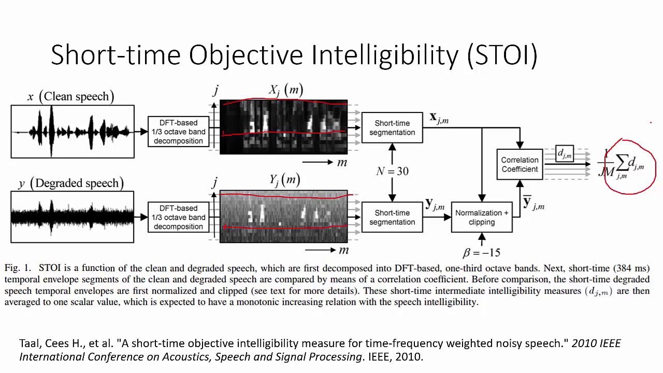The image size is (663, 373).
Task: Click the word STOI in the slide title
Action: pos(502,55)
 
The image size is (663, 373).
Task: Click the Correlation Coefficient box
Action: pos(520,164)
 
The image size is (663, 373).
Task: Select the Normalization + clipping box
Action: pos(482,217)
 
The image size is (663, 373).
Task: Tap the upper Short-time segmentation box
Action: pos(392,127)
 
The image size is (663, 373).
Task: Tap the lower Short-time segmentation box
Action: pos(392,217)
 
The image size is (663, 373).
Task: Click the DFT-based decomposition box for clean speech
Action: pos(178,132)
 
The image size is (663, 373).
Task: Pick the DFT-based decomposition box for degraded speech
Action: pos(178,218)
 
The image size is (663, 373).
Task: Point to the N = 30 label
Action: pos(392,171)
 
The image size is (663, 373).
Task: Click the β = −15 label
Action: pos(481,253)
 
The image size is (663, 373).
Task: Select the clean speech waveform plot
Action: pos(73,132)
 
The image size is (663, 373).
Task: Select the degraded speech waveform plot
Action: pos(73,217)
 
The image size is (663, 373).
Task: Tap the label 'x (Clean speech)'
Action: pos(71,96)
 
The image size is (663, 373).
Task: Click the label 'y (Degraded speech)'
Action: pos(71,183)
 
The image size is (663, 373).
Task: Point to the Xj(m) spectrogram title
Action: pos(285,91)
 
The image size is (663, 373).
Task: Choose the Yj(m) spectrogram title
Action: pos(284,180)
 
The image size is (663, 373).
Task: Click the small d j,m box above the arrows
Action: pos(565,153)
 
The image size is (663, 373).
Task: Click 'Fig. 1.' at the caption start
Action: pos(18,268)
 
